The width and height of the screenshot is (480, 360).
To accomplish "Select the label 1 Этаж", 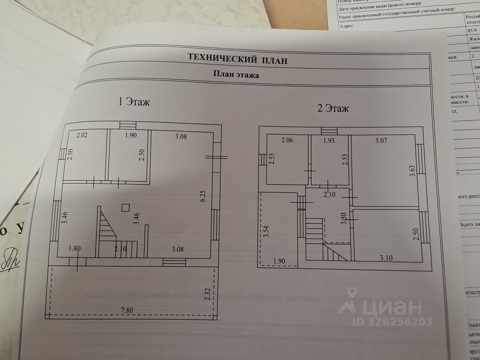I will click(x=134, y=102).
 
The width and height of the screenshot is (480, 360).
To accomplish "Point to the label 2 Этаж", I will click(x=333, y=108).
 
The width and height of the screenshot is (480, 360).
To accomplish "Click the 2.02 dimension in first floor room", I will click(x=82, y=136).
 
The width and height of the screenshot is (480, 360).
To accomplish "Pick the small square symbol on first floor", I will click(x=125, y=208).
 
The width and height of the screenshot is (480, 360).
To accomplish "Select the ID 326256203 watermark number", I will click(x=393, y=322).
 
